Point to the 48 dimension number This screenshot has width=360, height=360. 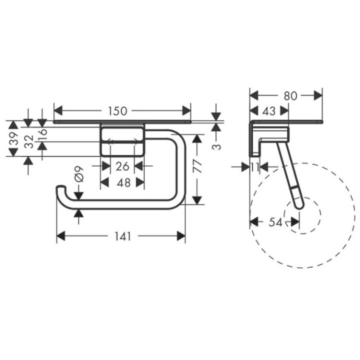click(x=123, y=182)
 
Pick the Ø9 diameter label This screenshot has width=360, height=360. click(x=78, y=178)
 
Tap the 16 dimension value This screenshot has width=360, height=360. click(x=42, y=133)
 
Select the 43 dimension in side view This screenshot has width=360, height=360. click(x=269, y=111)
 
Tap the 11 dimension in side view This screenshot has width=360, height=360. click(x=255, y=167)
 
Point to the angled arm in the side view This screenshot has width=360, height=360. click(x=287, y=170)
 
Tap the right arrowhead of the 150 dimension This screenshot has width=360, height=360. click(x=187, y=110)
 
